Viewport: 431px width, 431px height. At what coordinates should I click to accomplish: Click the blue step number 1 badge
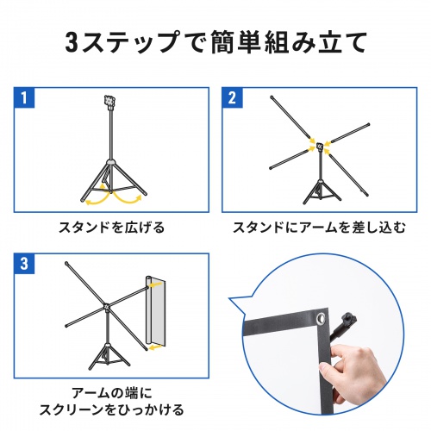25,95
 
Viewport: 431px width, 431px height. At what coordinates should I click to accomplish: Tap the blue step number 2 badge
231,95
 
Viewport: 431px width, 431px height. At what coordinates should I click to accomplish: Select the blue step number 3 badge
25,261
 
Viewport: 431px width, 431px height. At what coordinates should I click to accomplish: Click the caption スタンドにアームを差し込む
317,229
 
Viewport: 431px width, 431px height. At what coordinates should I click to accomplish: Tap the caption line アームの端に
111,389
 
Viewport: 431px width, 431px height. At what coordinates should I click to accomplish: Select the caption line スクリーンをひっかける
111,409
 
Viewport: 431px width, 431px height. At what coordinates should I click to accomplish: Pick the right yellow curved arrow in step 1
130,196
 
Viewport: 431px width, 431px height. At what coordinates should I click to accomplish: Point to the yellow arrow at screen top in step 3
153,280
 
